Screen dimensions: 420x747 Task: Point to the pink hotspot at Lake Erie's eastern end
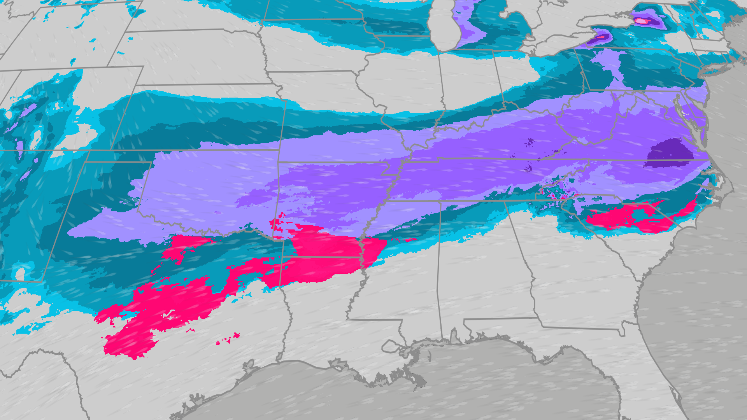pos(601,37)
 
